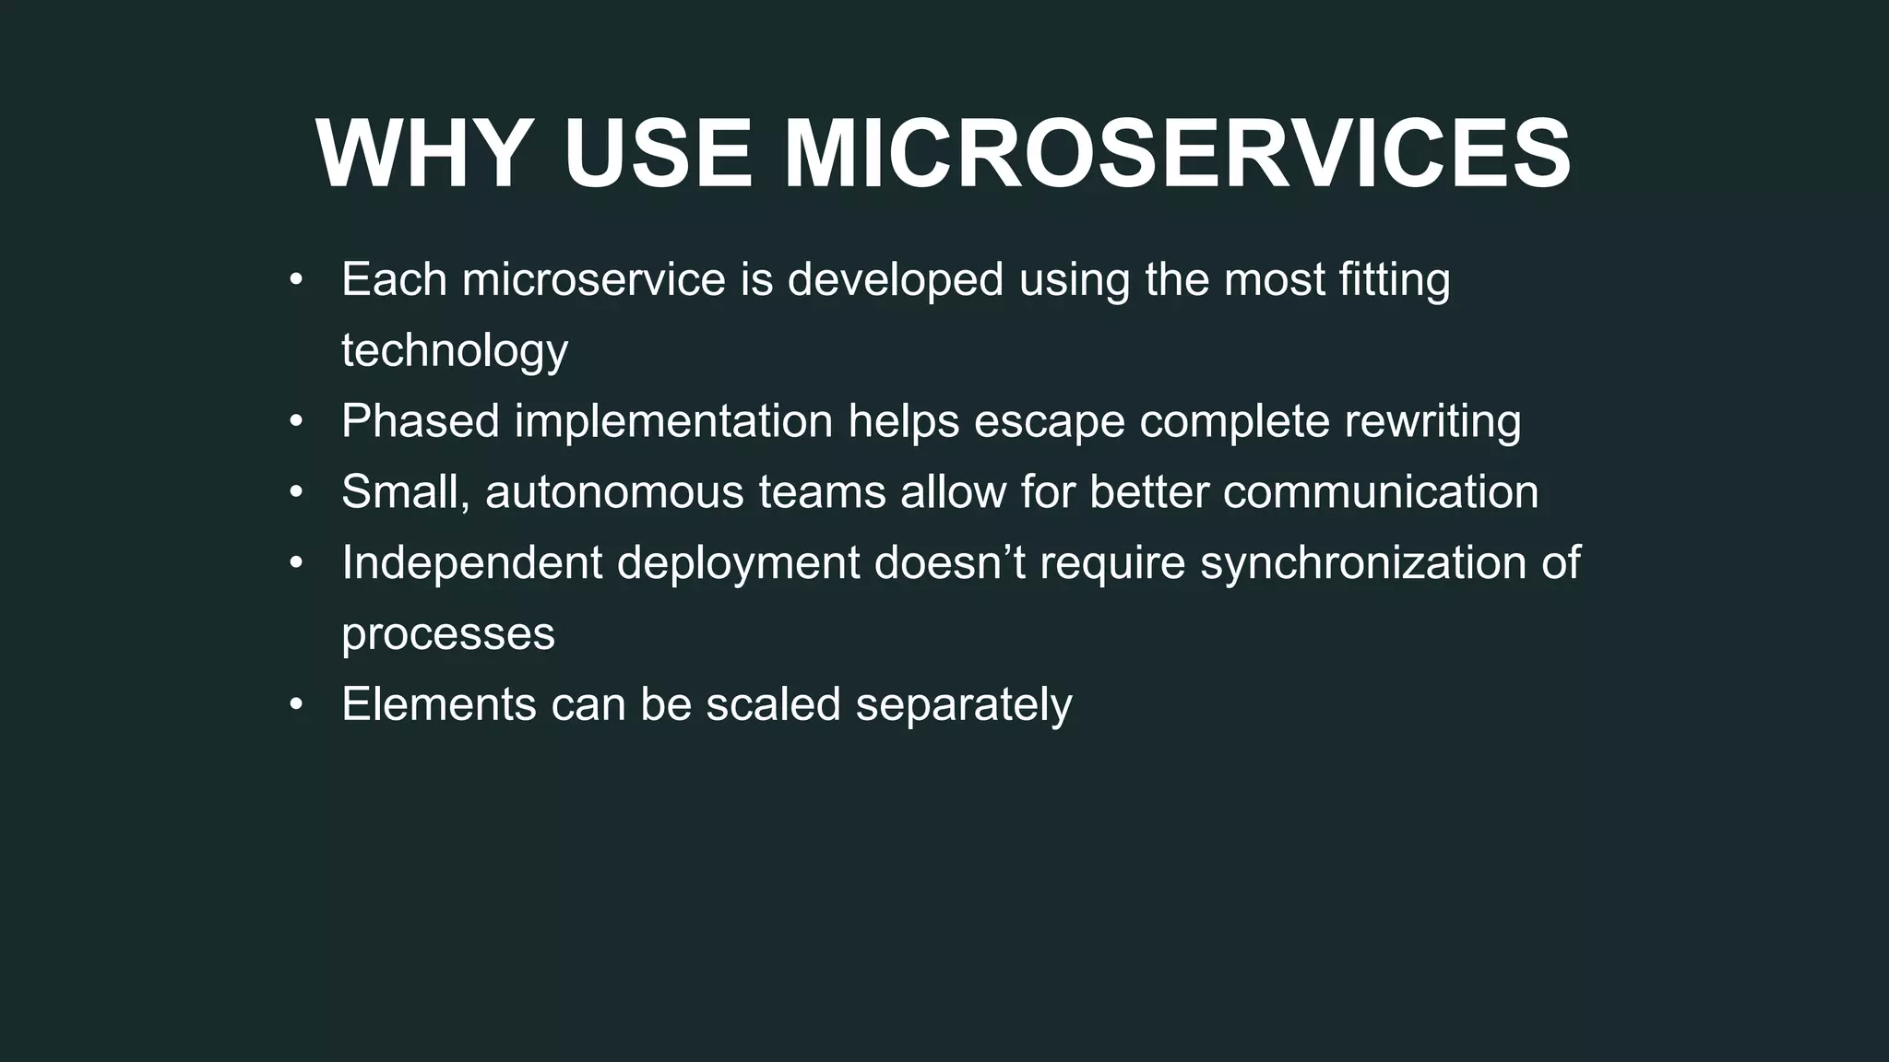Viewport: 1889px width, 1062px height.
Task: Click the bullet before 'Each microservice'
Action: pos(295,279)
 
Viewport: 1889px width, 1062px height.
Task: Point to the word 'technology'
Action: pos(455,351)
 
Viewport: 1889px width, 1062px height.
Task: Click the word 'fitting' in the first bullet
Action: pos(1394,279)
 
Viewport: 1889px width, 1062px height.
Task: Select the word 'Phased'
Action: pos(421,421)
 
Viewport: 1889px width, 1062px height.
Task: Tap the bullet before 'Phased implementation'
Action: pos(295,421)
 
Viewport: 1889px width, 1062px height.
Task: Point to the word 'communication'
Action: pos(1380,492)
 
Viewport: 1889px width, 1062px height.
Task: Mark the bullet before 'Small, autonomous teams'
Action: pos(295,492)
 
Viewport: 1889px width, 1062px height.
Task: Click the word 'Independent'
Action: pos(471,563)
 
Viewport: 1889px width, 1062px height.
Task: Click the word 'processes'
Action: pos(448,634)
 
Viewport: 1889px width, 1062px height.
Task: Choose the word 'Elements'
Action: pos(439,705)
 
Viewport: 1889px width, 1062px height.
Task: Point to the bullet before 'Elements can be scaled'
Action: pos(295,705)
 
